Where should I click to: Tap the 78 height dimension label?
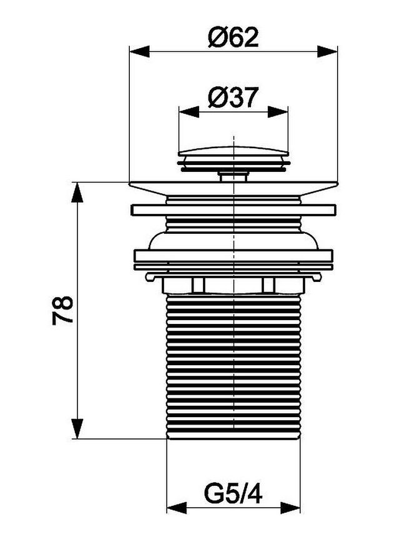(x=62, y=310)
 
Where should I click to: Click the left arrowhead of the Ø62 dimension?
(x=139, y=52)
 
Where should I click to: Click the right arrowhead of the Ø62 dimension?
(x=327, y=52)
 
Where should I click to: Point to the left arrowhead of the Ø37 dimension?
(x=189, y=112)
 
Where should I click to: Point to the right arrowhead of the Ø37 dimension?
(x=278, y=112)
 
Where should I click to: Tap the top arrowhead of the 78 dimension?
(x=77, y=192)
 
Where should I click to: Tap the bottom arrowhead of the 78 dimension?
(x=77, y=428)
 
